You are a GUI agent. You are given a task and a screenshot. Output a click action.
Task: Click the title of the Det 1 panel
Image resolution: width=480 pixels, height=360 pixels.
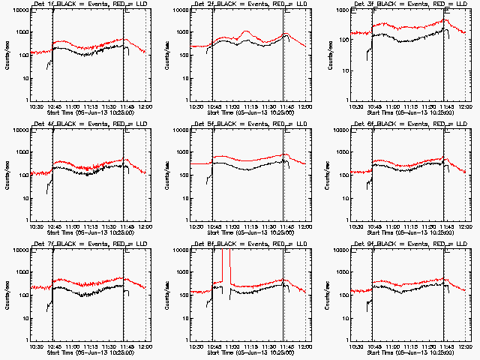coord(91,4)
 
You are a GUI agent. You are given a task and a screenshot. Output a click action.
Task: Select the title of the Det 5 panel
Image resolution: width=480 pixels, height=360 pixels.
coord(250,124)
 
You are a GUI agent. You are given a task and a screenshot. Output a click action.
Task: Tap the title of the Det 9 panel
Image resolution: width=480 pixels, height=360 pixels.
coord(410,244)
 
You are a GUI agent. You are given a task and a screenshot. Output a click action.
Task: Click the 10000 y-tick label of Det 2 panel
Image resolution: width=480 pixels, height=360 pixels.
coord(180,10)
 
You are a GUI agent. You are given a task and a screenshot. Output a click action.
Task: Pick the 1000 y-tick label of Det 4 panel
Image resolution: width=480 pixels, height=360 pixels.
coord(22,153)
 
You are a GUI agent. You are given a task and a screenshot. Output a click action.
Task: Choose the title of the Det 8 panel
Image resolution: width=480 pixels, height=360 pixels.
coord(250,244)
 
